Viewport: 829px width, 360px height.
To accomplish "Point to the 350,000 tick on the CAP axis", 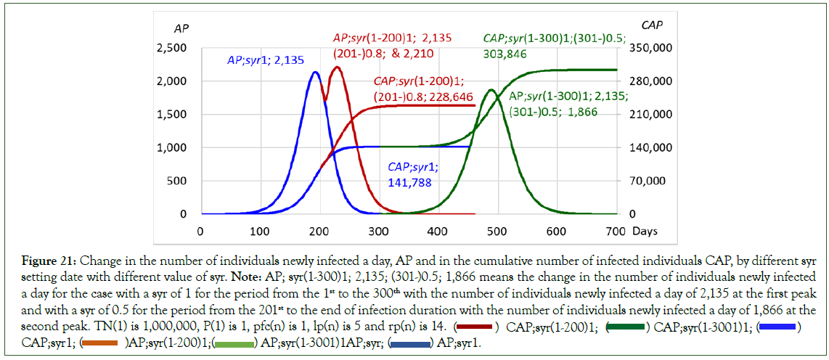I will click(x=649, y=49).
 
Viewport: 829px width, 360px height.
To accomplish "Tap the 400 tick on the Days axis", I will click(x=437, y=231).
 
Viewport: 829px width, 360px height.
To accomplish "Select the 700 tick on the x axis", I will click(x=616, y=231).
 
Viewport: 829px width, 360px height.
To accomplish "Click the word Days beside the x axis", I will click(x=644, y=231).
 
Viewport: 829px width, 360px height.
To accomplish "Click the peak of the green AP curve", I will click(x=491, y=90).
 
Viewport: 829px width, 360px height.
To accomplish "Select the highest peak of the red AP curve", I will click(x=337, y=67).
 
